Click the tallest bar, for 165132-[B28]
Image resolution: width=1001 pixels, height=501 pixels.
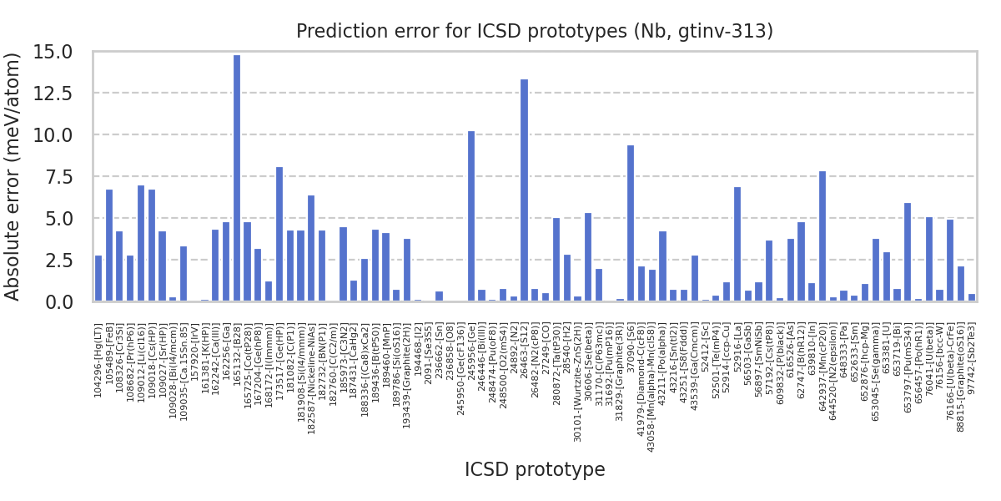click(x=237, y=178)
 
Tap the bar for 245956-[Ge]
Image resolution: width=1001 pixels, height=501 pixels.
click(x=471, y=216)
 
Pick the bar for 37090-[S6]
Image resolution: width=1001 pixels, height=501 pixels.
click(x=631, y=223)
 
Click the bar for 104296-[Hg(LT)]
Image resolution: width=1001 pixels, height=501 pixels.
click(x=98, y=278)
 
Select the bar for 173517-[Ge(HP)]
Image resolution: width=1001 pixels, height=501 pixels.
click(x=279, y=234)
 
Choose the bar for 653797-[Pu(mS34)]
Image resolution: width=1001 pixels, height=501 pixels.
click(x=908, y=252)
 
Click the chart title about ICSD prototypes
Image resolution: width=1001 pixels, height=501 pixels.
click(x=535, y=32)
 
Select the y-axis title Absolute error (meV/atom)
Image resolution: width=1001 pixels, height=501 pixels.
click(x=13, y=176)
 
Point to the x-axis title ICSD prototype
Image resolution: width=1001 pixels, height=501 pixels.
click(x=535, y=470)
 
